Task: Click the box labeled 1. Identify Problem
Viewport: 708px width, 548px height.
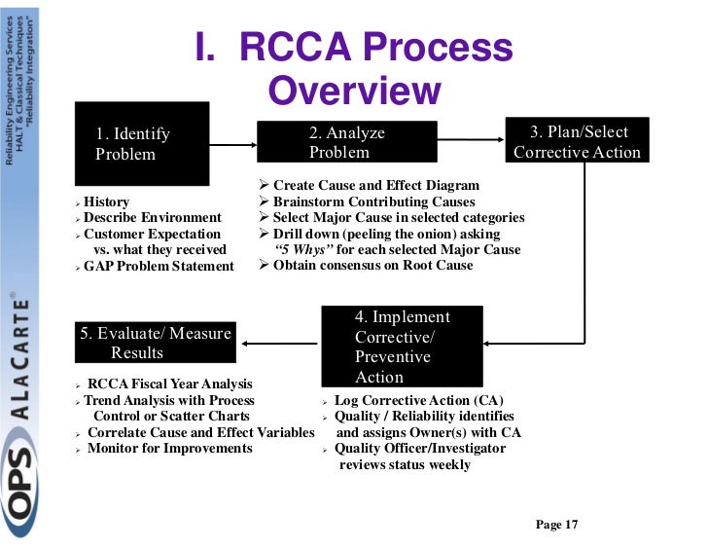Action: tap(142, 143)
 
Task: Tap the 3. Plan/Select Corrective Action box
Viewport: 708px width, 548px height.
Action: tap(578, 141)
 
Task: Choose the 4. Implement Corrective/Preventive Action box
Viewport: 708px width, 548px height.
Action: tap(402, 347)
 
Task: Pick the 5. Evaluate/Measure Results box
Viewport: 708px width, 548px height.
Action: tap(156, 343)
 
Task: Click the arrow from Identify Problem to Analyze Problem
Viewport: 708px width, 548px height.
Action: tap(232, 145)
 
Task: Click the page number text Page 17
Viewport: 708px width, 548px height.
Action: tap(556, 525)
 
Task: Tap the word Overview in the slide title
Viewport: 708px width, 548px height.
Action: tap(354, 91)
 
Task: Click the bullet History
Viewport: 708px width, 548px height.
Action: tap(106, 201)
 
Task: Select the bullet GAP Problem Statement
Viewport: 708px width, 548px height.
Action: tap(159, 266)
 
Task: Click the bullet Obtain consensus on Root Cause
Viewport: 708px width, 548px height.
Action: tap(372, 265)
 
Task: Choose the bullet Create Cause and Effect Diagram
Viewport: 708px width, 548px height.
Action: tap(375, 185)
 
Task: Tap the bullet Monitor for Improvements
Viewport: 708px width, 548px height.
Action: tap(169, 448)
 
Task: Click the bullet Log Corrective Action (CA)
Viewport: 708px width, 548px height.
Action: tap(418, 400)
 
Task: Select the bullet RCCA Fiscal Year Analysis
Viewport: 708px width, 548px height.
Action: tap(169, 384)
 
